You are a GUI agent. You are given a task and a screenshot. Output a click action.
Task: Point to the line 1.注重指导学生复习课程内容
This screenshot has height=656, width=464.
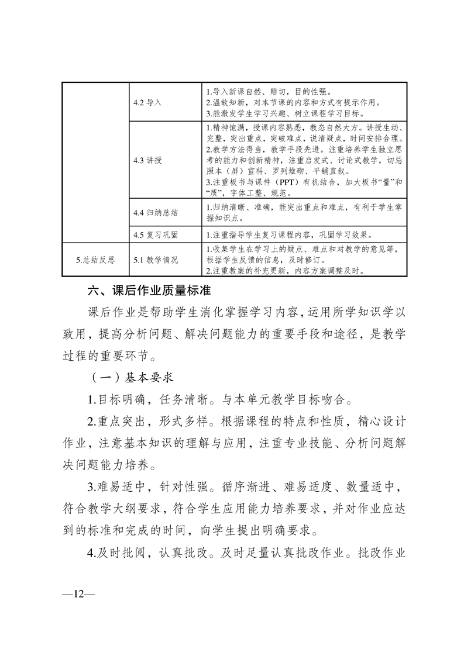290,235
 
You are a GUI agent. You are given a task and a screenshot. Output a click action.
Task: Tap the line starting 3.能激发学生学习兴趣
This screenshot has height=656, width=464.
285,113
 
